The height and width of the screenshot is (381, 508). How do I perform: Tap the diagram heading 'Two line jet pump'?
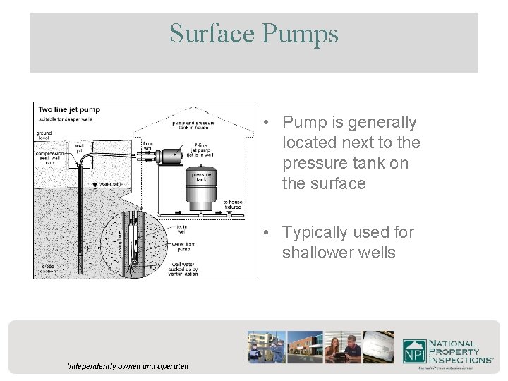click(x=69, y=110)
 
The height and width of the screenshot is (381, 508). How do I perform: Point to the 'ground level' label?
click(x=44, y=134)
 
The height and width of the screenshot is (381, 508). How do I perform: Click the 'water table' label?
click(x=111, y=184)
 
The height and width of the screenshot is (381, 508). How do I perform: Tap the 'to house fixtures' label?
click(x=232, y=204)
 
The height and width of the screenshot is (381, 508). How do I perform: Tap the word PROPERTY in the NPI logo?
click(x=454, y=351)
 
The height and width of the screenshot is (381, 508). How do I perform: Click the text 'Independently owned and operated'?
click(x=128, y=366)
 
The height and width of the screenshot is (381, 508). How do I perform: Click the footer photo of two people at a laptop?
click(x=344, y=347)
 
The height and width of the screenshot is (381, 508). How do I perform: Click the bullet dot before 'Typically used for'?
click(x=262, y=233)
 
